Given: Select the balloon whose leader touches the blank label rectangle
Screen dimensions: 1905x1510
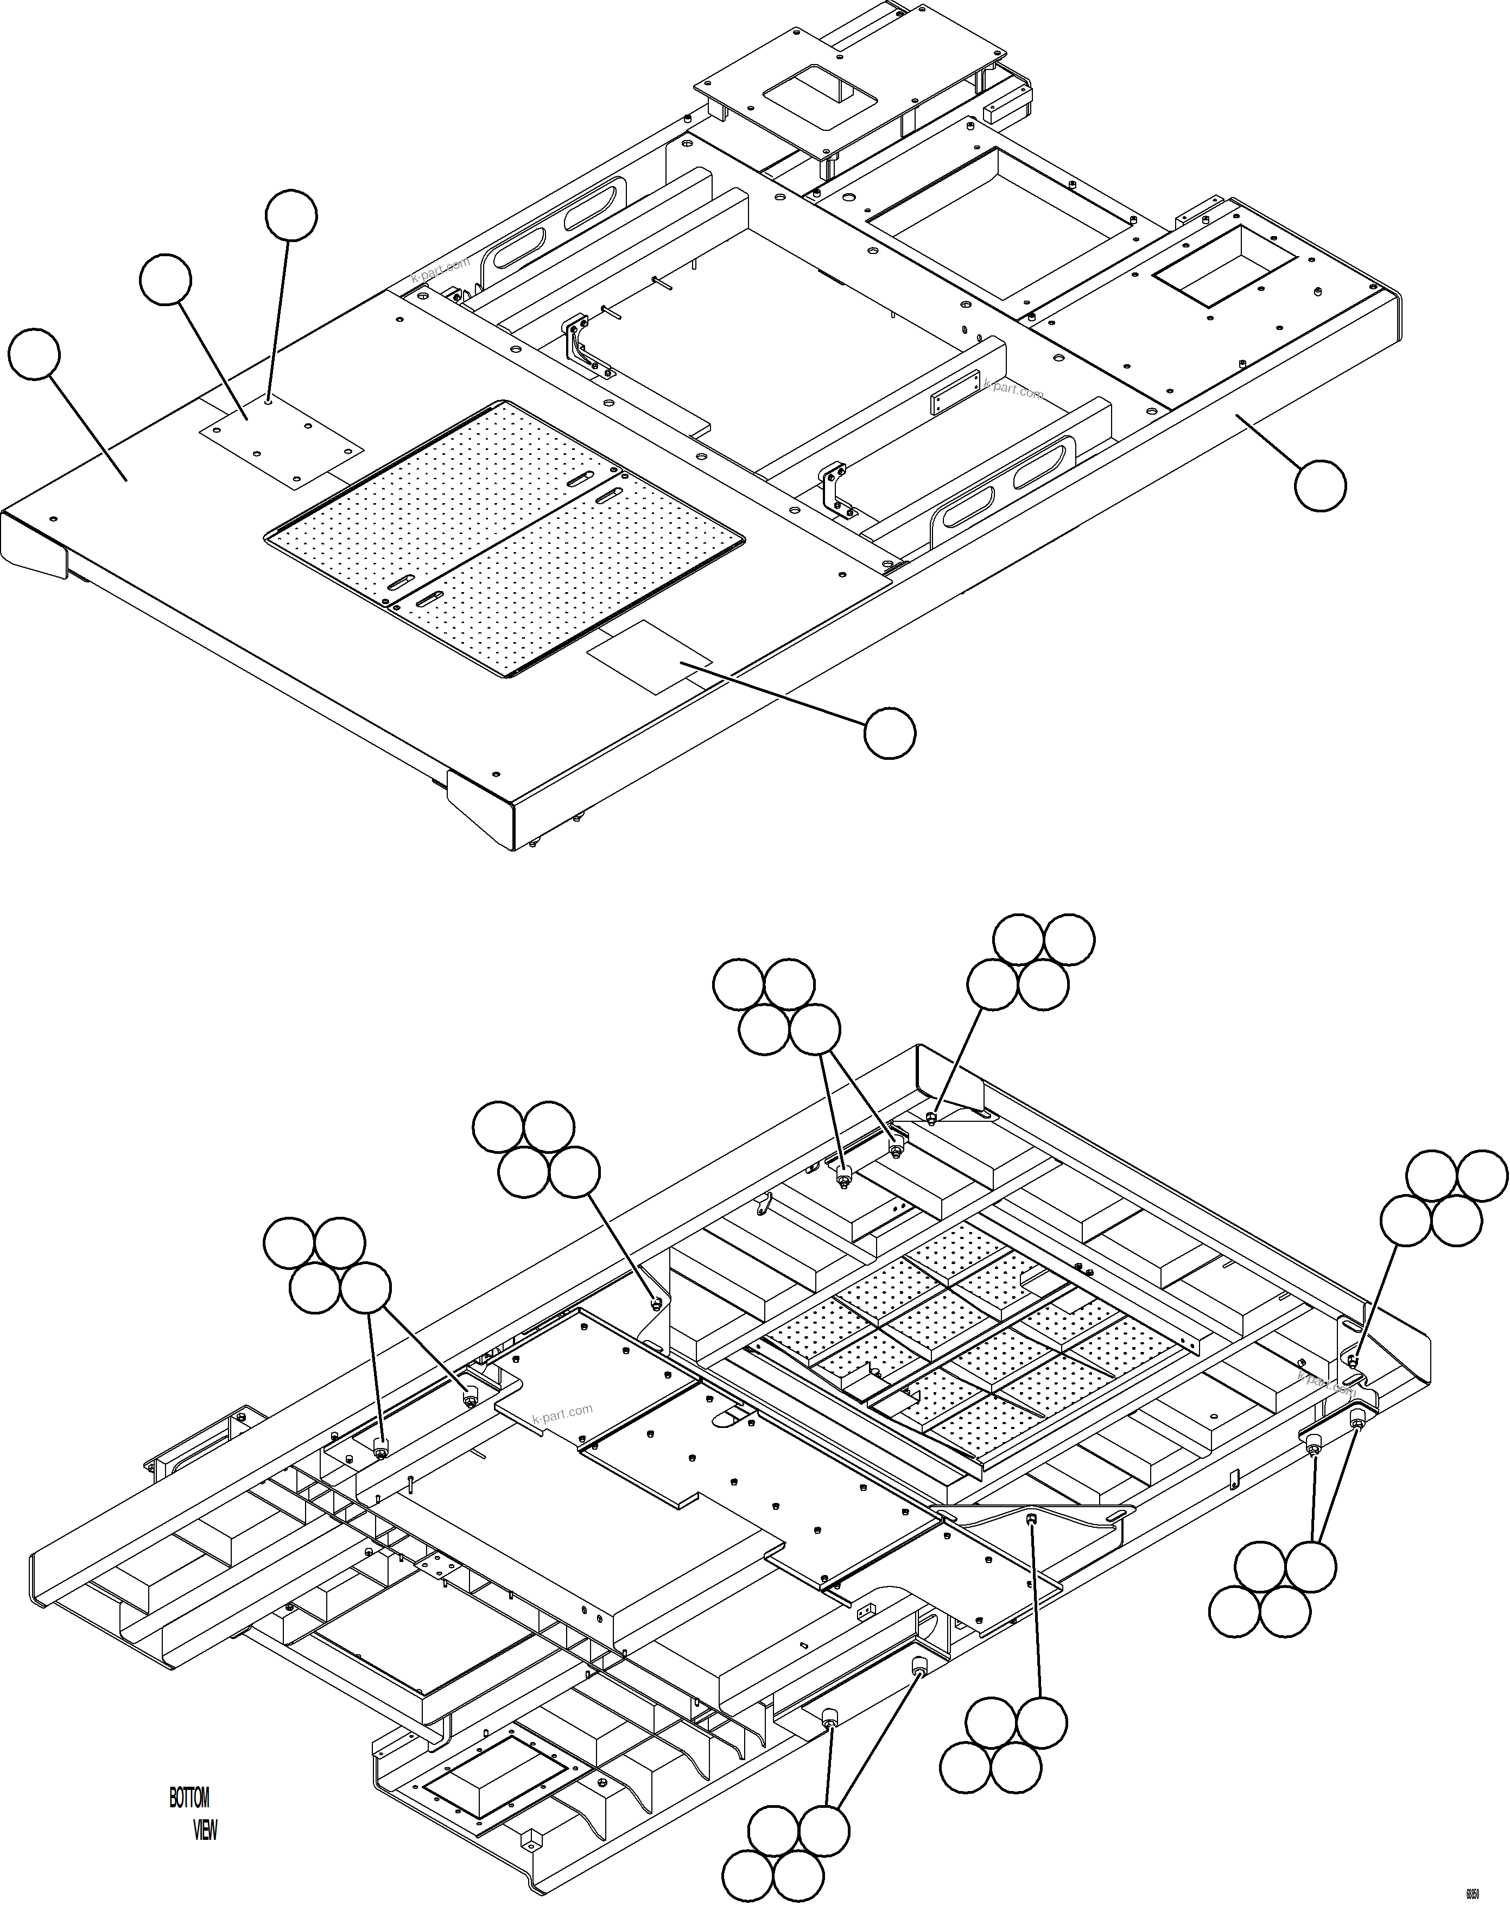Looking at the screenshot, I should (x=889, y=733).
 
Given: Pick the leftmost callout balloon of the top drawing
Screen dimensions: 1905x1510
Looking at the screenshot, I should (x=34, y=354).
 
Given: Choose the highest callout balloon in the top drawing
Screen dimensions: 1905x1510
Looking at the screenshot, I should (x=291, y=215).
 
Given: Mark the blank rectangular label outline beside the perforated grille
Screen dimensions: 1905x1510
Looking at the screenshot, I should (x=649, y=656).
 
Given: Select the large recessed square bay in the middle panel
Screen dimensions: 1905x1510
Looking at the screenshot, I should (x=998, y=223).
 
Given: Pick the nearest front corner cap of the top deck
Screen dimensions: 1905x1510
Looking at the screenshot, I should (x=481, y=807).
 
